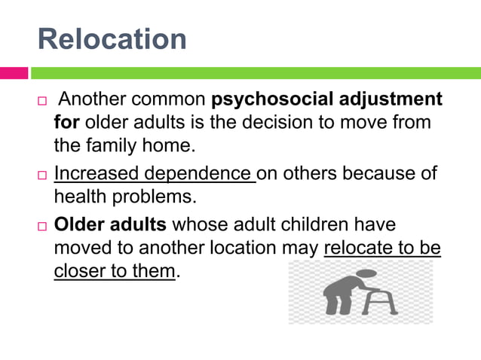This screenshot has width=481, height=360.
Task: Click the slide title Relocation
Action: point(112,38)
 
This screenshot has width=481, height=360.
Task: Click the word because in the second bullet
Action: point(374,174)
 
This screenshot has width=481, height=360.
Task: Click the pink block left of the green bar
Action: point(14,73)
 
